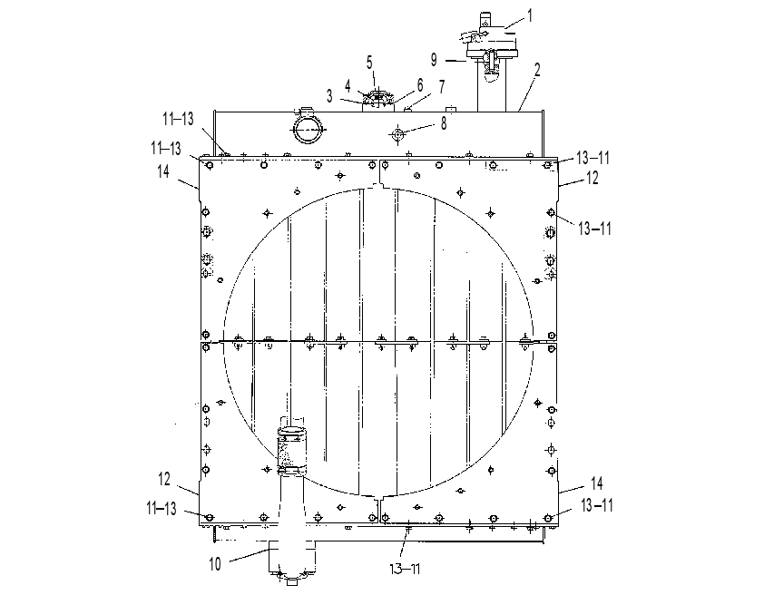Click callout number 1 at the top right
tap(530, 16)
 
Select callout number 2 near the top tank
tap(537, 70)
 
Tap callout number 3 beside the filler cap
tap(329, 96)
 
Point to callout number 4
tap(348, 86)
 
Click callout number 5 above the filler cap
tap(369, 63)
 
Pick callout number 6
tap(420, 84)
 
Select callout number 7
tap(442, 87)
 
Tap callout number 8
tap(444, 123)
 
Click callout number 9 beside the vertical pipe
tap(434, 60)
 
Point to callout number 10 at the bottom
tap(215, 564)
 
